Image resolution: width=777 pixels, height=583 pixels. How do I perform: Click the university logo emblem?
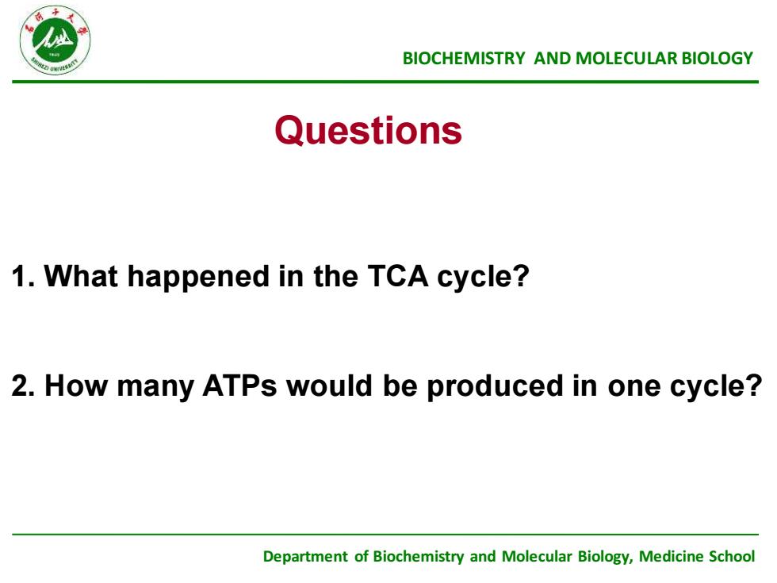point(55,40)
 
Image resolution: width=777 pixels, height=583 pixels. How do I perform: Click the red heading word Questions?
point(368,131)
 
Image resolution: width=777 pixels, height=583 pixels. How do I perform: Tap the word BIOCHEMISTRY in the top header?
point(463,59)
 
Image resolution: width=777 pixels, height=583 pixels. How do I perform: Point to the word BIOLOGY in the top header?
point(718,59)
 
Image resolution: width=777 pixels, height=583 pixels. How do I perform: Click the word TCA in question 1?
point(398,276)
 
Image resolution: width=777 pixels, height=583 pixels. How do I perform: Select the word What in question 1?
point(81,276)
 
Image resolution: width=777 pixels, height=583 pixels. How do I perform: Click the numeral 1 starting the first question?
point(19,276)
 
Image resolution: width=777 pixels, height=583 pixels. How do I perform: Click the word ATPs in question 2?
point(239,385)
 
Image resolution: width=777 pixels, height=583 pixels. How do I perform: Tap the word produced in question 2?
point(495,387)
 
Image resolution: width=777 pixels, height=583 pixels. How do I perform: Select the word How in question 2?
point(76,385)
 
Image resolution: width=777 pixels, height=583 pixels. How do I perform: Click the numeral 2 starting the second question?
point(20,385)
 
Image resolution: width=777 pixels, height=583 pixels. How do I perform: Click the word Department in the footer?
point(305,557)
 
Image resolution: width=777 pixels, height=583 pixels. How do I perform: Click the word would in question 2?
point(330,385)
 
